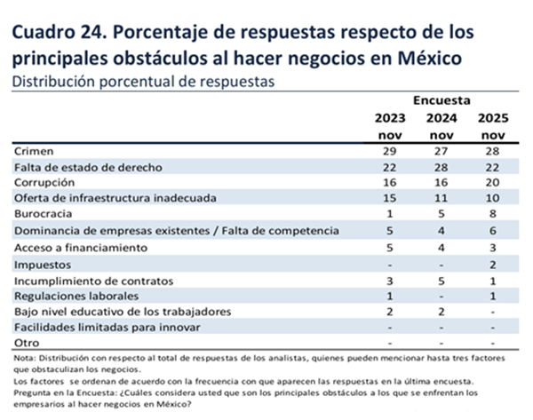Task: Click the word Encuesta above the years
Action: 442,101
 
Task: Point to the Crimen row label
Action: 36,151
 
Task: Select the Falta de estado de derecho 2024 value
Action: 443,167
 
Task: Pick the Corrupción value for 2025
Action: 494,183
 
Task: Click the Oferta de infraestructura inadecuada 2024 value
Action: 443,198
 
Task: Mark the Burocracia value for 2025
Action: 494,214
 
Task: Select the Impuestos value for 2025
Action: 494,263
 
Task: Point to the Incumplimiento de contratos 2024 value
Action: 443,279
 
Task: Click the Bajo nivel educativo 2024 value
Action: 443,311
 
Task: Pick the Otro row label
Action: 28,343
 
